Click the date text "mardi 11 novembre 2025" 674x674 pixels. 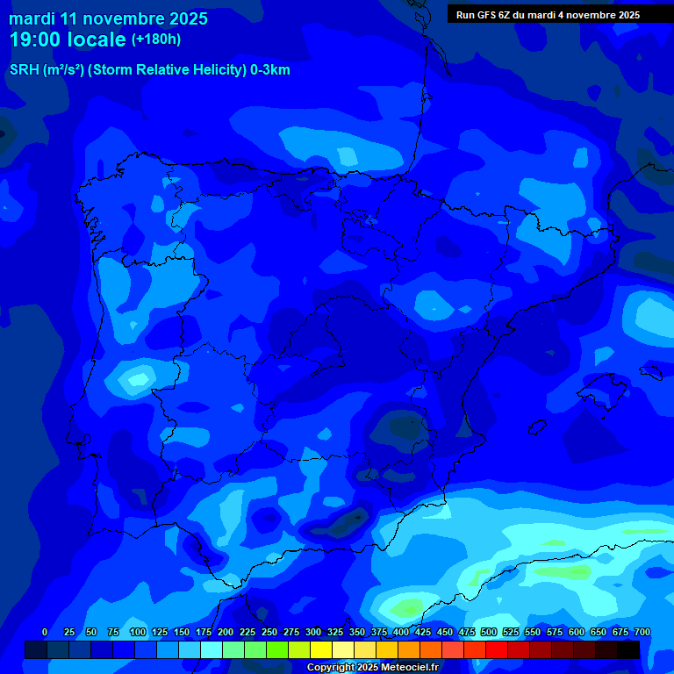tap(108, 18)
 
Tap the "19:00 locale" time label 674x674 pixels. tap(68, 39)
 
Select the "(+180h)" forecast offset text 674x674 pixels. tap(156, 39)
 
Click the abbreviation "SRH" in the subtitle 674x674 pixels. tap(25, 70)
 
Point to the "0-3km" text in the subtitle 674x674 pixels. tap(270, 70)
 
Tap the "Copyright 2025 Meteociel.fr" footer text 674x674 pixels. tap(372, 668)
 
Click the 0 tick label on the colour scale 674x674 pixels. tap(45, 632)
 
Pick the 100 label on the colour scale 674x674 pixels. tap(138, 632)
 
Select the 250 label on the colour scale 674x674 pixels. tap(269, 632)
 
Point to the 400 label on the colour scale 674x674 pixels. tap(401, 632)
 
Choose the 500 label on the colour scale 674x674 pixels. tap(489, 632)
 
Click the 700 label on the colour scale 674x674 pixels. tap(642, 632)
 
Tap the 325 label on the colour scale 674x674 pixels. tap(335, 632)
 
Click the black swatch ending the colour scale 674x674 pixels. tap(628, 649)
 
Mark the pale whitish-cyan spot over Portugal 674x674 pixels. tap(137, 379)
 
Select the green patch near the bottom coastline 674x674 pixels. tap(407, 607)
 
